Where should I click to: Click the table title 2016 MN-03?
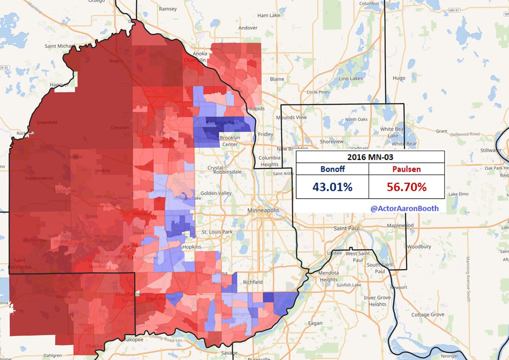(x=370, y=157)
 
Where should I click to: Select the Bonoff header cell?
(x=332, y=169)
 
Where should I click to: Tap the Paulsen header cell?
(x=406, y=169)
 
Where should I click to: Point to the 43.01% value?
(x=332, y=187)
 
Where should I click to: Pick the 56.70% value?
(x=406, y=187)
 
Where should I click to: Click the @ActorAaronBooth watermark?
(x=404, y=208)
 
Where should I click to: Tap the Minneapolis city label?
(x=264, y=211)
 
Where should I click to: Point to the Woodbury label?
(x=419, y=246)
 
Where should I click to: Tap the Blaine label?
(x=277, y=79)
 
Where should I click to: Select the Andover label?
(x=248, y=28)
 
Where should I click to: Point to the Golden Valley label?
(x=217, y=193)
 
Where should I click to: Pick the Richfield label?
(x=253, y=282)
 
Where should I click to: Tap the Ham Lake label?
(x=268, y=15)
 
